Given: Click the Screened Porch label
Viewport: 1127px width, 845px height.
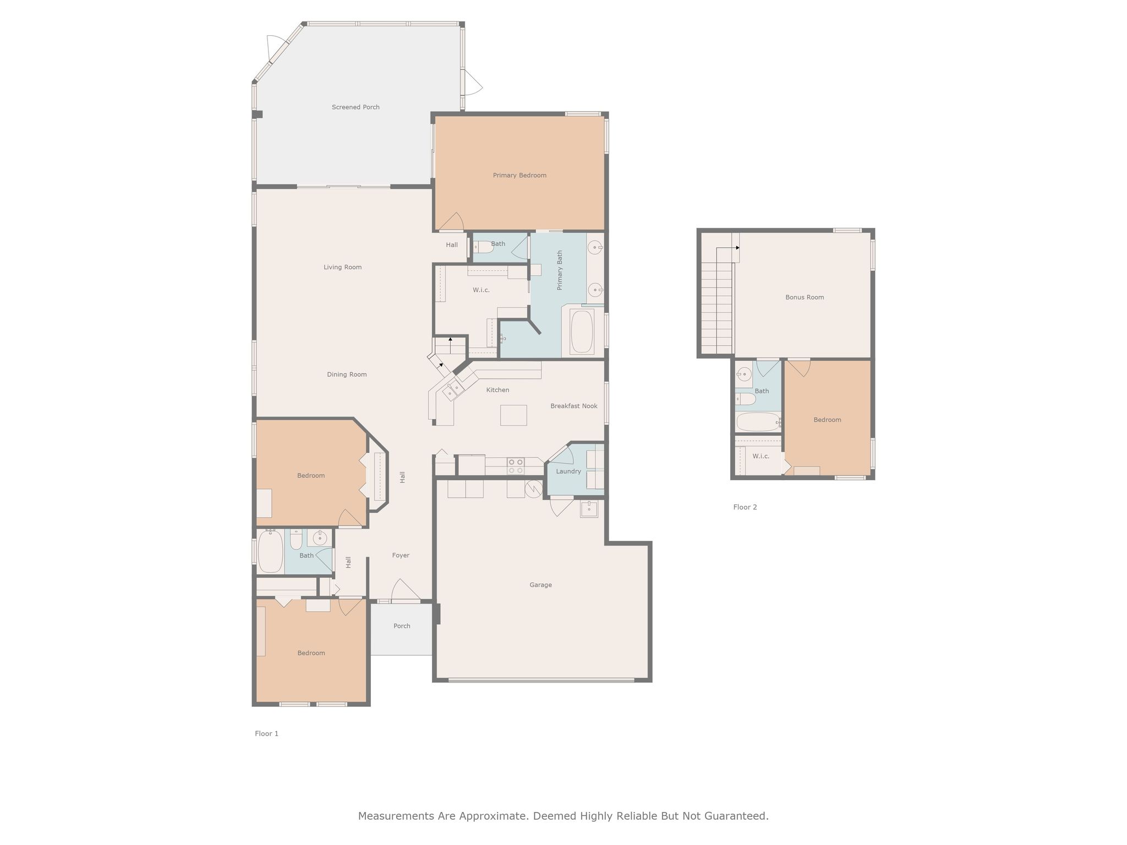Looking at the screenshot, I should click(x=355, y=107).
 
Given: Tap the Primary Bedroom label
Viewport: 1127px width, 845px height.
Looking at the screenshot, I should click(x=519, y=175).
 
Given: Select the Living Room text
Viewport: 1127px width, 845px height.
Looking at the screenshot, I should click(x=342, y=267).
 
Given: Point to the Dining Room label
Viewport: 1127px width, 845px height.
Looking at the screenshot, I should click(x=347, y=375).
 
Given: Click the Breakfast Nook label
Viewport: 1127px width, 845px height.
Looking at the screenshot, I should click(x=574, y=406).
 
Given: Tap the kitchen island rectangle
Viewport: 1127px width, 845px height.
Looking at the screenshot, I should click(x=513, y=415).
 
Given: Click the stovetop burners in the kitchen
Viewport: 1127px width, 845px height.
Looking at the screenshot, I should click(x=516, y=467).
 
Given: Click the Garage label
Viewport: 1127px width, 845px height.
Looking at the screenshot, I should click(x=540, y=585).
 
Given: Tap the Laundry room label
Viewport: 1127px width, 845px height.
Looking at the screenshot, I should click(x=568, y=471).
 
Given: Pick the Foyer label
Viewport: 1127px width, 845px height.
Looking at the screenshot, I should click(x=401, y=555).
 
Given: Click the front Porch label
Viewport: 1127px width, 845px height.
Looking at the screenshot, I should click(x=402, y=626).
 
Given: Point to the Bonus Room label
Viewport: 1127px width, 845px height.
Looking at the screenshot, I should click(x=805, y=297).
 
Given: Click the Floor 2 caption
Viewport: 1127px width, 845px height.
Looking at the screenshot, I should click(x=745, y=507).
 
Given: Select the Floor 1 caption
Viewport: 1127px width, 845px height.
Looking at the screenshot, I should click(x=266, y=733).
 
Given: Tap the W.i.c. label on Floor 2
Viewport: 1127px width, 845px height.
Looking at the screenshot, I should click(x=761, y=456).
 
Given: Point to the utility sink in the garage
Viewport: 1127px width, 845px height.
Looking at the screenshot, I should click(x=589, y=509).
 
